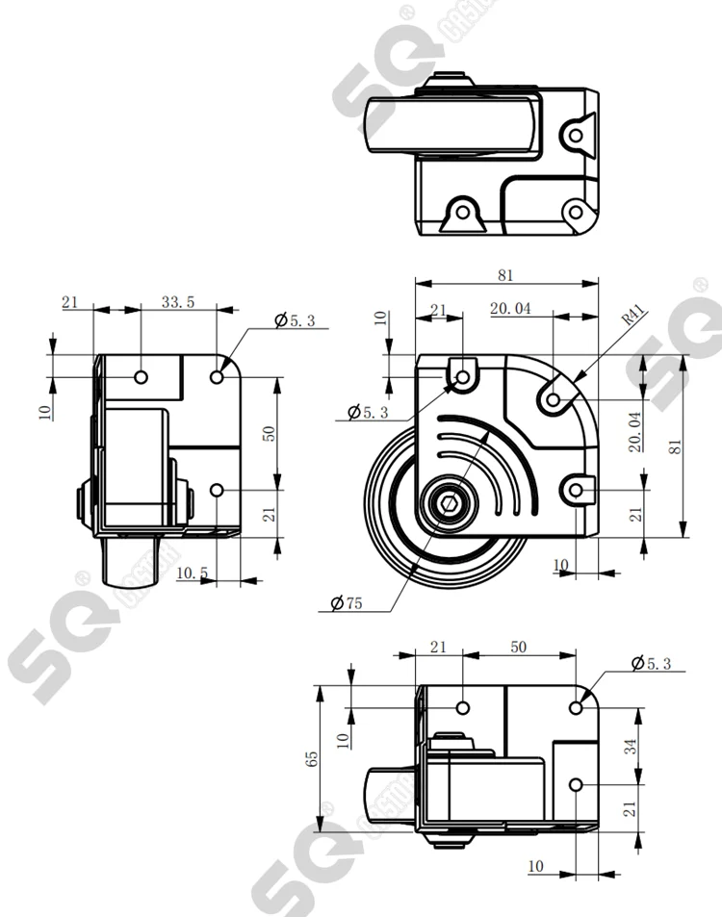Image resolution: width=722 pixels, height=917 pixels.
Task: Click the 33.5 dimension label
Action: coord(178,301)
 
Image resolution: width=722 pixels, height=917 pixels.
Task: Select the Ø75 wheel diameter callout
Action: coord(346,603)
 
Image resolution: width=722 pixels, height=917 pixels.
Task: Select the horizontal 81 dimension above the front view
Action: coord(505,275)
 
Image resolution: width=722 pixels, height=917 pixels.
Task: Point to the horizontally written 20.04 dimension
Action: coord(510,309)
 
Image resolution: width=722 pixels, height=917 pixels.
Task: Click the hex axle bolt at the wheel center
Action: coord(450,503)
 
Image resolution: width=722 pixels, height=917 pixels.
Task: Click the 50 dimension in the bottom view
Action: coord(518,648)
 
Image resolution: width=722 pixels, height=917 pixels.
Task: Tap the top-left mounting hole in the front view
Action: coord(462,377)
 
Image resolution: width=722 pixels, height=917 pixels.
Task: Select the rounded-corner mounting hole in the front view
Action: coord(554,396)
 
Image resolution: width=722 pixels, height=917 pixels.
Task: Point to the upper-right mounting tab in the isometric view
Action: coord(576,134)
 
